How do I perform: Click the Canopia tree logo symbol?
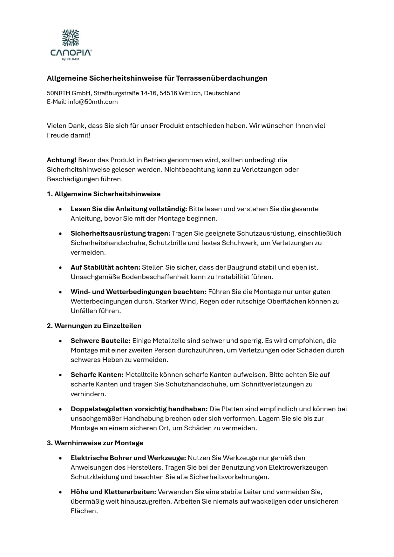click(70, 38)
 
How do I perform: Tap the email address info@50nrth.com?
click(93, 102)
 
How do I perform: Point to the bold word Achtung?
click(62, 160)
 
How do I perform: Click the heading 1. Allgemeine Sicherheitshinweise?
click(104, 194)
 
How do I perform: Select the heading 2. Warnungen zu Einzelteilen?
click(94, 326)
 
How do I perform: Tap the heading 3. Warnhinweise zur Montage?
click(95, 443)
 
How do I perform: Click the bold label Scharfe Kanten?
click(97, 375)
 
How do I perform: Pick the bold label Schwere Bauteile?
click(100, 341)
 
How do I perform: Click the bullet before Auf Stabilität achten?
click(60, 268)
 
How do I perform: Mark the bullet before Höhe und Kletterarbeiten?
click(60, 492)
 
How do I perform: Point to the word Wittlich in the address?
click(189, 93)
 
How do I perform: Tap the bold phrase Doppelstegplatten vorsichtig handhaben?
click(139, 409)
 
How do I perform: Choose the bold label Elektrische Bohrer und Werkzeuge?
click(128, 458)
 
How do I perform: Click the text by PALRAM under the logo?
click(71, 59)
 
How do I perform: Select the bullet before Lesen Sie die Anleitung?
click(60, 209)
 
